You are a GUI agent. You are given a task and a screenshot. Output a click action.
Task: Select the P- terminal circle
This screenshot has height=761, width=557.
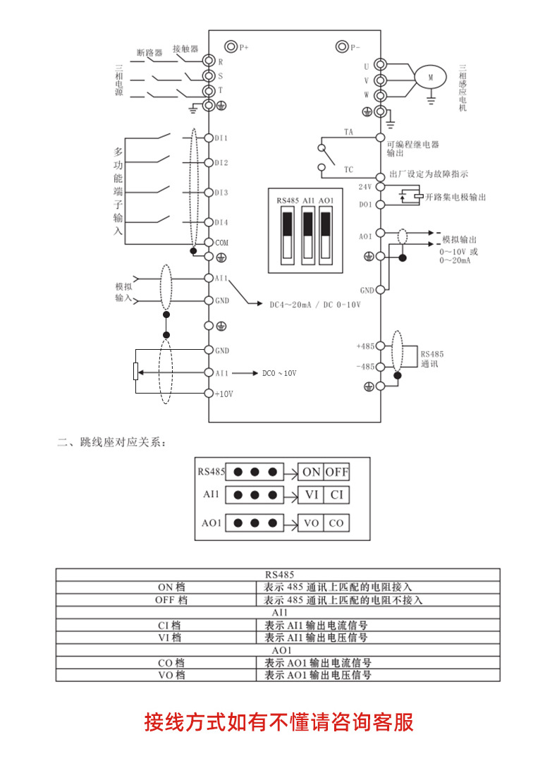coord(342,47)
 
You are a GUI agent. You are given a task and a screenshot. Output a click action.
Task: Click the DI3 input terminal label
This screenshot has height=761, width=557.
coord(221,192)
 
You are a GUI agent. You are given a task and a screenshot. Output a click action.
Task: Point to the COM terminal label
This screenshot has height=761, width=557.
coord(222,242)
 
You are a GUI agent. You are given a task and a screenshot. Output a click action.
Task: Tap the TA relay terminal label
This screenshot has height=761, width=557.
coord(348,132)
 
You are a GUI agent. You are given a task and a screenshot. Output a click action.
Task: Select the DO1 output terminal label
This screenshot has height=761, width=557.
coord(365,205)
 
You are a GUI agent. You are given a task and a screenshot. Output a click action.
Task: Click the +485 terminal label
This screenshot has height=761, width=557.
coord(366,346)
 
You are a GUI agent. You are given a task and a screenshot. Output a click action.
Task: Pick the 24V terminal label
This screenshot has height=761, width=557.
coord(365,187)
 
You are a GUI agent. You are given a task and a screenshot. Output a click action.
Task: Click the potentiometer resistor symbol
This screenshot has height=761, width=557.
coord(135,371)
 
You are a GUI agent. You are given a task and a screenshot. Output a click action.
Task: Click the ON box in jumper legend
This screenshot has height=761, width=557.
coord(311,472)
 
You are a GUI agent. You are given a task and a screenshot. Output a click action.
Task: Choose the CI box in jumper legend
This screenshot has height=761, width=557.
coord(336,494)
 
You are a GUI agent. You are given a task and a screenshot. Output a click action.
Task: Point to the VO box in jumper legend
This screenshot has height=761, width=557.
coord(311,523)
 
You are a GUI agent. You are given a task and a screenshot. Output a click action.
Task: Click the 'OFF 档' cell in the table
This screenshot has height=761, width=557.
coord(171,599)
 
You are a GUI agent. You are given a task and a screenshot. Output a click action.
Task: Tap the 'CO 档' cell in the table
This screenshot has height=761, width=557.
coord(171,663)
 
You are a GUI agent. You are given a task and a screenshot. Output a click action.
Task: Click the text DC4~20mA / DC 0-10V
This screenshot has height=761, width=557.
coord(315,305)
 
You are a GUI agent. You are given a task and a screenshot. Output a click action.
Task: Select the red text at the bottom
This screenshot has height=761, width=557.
coord(278,722)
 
